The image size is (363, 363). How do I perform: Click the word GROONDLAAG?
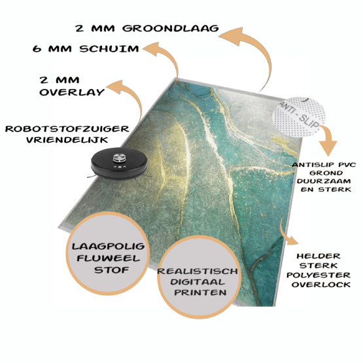click(171, 28)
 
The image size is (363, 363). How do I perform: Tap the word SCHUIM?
click(109, 49)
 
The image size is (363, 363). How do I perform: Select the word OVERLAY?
click(72, 92)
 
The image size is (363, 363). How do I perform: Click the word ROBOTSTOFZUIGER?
click(67, 129)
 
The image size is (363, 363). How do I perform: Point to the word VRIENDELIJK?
click(67, 140)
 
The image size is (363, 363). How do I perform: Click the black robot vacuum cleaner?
click(119, 164)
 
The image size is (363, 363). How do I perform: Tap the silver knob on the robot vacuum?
click(119, 158)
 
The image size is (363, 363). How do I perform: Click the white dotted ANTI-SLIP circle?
click(299, 116)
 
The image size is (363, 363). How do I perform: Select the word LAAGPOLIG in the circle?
click(108, 247)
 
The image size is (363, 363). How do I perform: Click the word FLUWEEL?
click(109, 258)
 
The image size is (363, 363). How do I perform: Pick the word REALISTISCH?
click(198, 271)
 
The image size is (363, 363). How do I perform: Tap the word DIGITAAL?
click(198, 282)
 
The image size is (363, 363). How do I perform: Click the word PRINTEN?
click(200, 292)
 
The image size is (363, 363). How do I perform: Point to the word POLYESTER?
click(319, 275)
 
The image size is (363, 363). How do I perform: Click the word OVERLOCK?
click(321, 285)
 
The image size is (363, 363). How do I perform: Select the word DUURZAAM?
click(324, 181)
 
